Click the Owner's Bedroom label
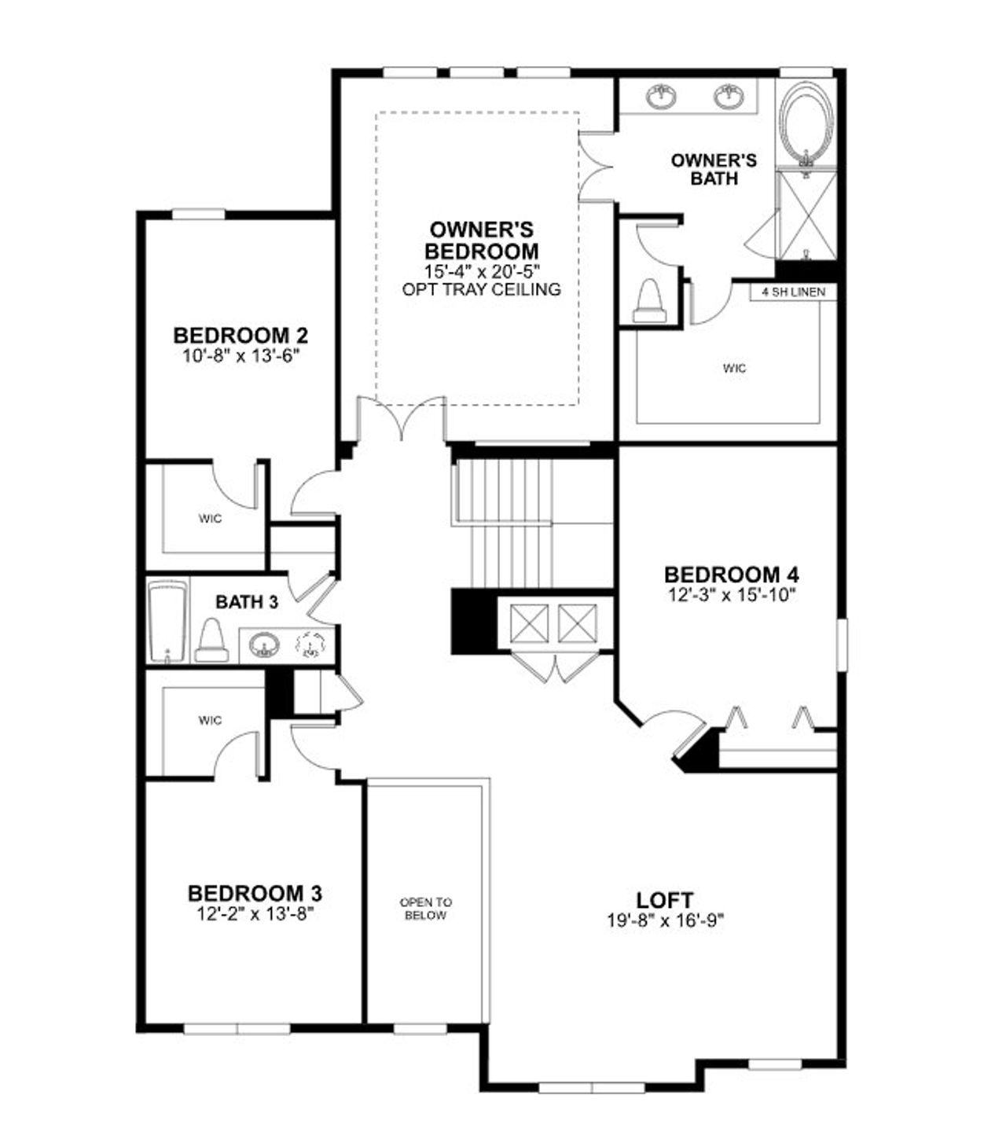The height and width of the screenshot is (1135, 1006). (482, 241)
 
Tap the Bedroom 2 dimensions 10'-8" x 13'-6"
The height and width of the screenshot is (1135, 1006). (240, 355)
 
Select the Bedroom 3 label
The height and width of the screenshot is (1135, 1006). (255, 894)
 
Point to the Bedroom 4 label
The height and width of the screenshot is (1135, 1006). (732, 575)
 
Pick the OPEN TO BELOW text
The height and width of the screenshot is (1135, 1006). (426, 909)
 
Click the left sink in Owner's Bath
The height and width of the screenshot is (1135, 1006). (662, 97)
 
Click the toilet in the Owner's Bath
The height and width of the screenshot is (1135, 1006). (650, 300)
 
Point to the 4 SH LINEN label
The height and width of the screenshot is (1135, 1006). (793, 292)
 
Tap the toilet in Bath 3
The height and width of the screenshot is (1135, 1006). (211, 640)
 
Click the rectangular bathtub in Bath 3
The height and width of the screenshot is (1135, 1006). (168, 622)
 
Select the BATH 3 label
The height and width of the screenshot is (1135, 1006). (247, 603)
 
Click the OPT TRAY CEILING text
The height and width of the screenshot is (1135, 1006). (482, 289)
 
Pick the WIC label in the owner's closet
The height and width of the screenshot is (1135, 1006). (735, 368)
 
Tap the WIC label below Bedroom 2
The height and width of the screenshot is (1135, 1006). (210, 519)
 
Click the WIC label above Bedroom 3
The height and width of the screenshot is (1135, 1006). (210, 720)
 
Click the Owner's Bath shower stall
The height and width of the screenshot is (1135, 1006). (806, 214)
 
